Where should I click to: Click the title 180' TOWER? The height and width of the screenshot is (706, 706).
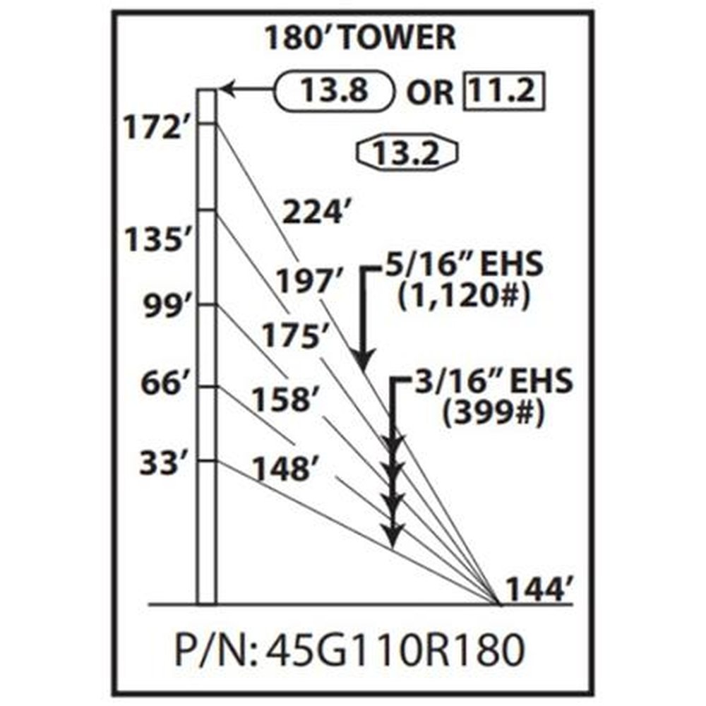[360, 39]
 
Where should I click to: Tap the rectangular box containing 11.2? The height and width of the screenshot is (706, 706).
[505, 90]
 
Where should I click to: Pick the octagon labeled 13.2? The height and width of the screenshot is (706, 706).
[409, 150]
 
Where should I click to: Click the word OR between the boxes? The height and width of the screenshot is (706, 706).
[429, 92]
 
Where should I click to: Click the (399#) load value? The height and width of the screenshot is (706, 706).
[493, 415]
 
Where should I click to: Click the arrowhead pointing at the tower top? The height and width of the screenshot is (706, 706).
[227, 90]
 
